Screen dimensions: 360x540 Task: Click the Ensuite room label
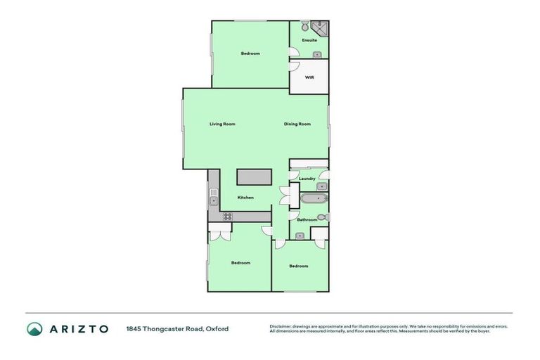pyautogui.click(x=309, y=40)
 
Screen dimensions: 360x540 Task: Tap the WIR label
pyautogui.click(x=309, y=77)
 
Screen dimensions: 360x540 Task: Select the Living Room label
pyautogui.click(x=222, y=124)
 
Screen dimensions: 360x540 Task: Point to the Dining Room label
pyautogui.click(x=297, y=124)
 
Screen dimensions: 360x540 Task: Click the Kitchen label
pyautogui.click(x=245, y=197)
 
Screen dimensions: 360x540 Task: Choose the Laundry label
pyautogui.click(x=307, y=179)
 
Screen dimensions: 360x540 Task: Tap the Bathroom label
pyautogui.click(x=307, y=220)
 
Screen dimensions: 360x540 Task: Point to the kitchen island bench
pyautogui.click(x=254, y=177)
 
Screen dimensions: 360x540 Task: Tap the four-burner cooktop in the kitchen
pyautogui.click(x=227, y=217)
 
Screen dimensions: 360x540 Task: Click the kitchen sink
pyautogui.click(x=213, y=201)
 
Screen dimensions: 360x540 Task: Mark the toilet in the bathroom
pyautogui.click(x=321, y=217)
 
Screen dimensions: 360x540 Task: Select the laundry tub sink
pyautogui.click(x=321, y=186)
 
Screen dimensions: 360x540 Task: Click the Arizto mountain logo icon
pyautogui.click(x=34, y=328)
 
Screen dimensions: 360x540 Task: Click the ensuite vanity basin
pyautogui.click(x=317, y=54)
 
